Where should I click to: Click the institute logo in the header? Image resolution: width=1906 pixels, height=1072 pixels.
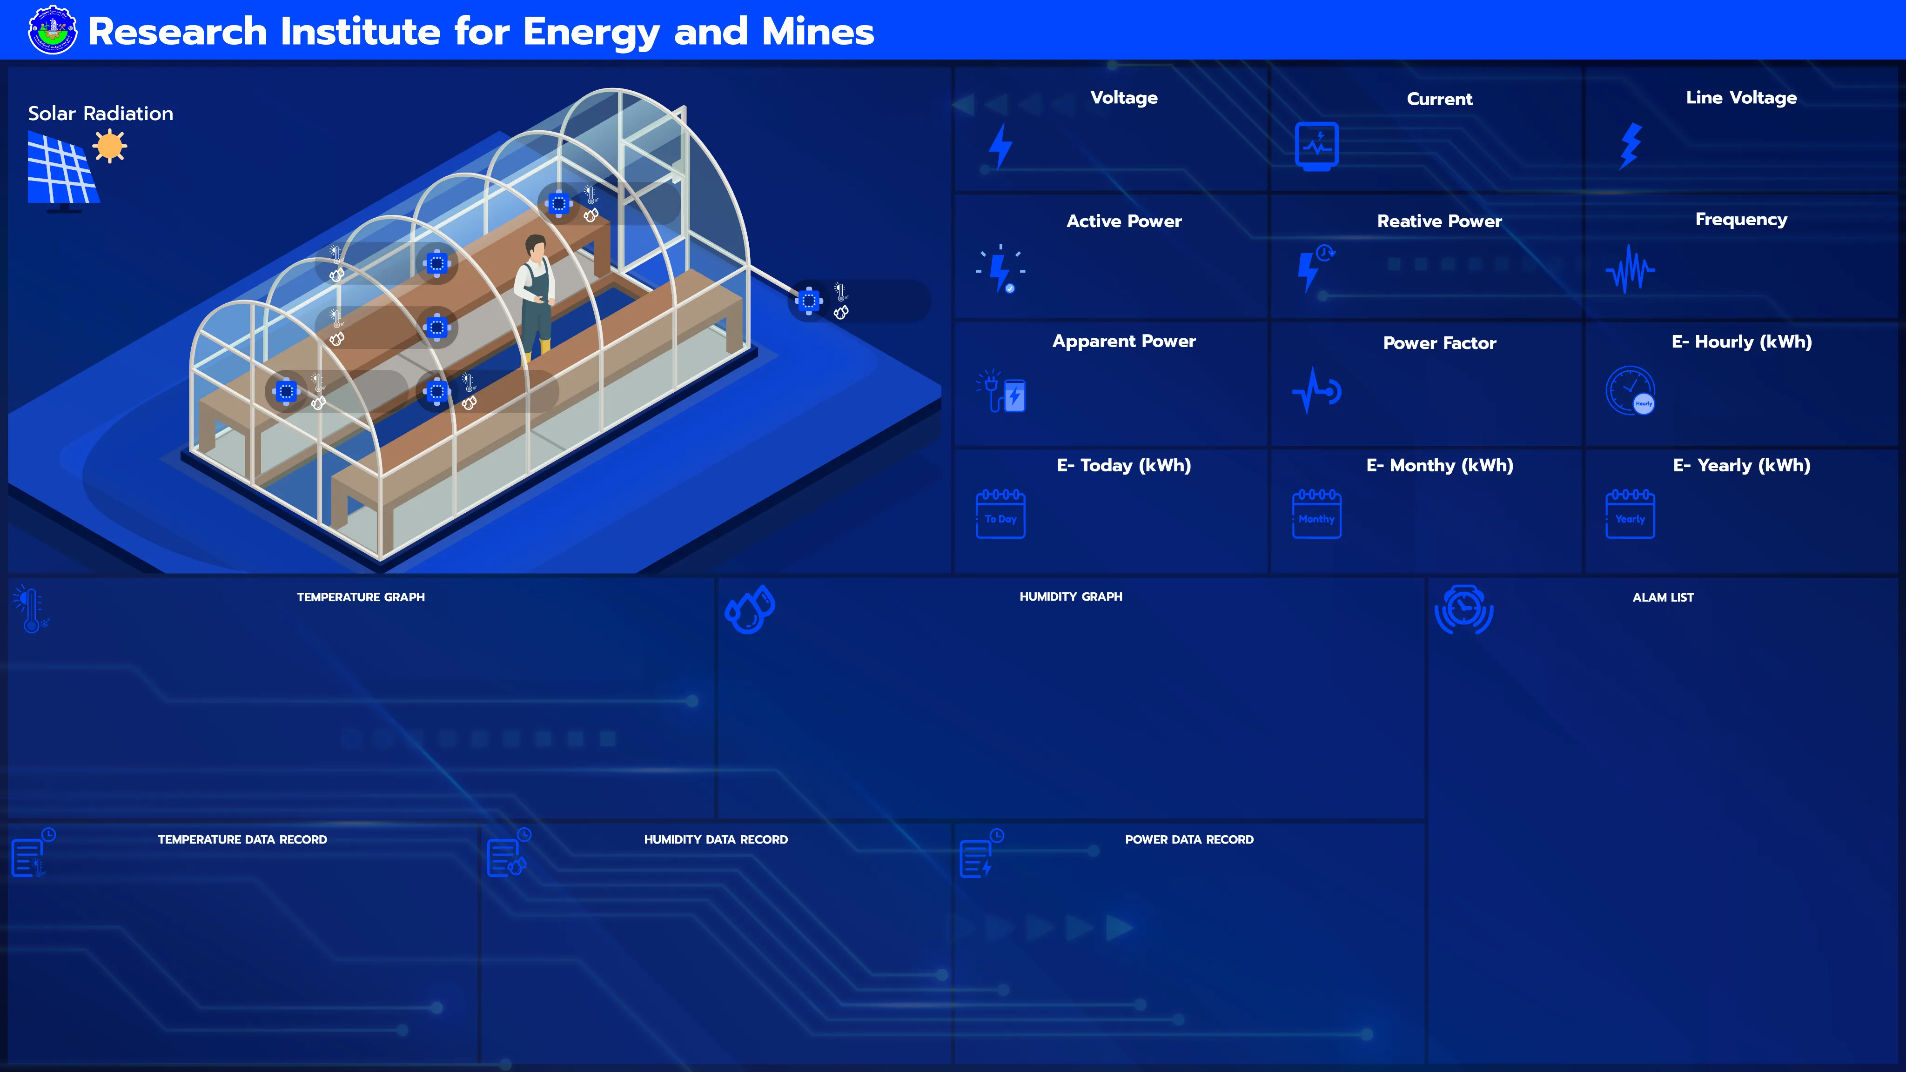[52, 30]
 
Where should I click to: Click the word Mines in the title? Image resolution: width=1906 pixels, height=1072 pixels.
[818, 32]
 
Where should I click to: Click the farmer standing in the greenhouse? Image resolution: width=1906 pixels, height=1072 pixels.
[535, 300]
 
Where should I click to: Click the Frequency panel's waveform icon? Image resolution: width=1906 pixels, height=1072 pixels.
[1630, 269]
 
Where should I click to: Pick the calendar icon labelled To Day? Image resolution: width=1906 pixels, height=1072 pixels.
[1000, 514]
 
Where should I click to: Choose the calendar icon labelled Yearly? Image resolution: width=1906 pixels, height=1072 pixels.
[1630, 514]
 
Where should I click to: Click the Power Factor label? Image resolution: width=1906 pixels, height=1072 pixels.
[1439, 342]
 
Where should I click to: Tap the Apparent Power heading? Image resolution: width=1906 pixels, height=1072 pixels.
[1124, 341]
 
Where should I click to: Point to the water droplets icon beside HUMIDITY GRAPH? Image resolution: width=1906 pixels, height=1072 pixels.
[750, 610]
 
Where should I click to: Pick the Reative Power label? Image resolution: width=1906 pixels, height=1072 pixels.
[1439, 221]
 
